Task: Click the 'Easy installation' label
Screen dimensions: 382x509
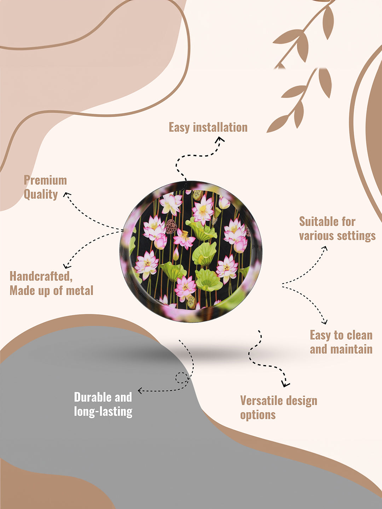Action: coord(208,128)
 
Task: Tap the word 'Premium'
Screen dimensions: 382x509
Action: coord(45,180)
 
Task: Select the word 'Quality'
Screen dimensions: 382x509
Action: coord(41,194)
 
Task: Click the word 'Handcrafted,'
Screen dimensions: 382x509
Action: coord(41,276)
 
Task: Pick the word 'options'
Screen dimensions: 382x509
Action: coord(258,415)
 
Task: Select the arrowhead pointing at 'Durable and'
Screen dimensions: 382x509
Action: coord(140,391)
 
